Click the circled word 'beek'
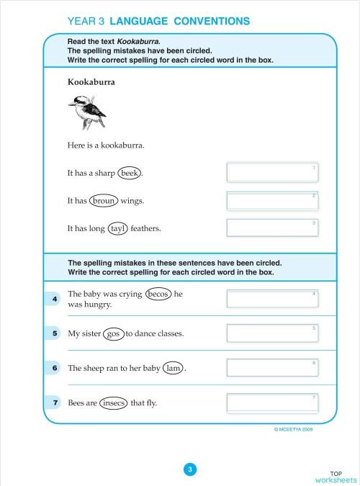(x=130, y=174)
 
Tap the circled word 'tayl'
(x=117, y=229)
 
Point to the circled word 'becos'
(x=158, y=294)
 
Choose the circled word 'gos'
(x=112, y=334)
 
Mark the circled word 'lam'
(x=173, y=368)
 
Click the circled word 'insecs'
(x=112, y=402)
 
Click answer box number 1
(x=272, y=173)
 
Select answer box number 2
(x=272, y=200)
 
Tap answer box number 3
(x=272, y=228)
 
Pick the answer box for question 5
(x=272, y=333)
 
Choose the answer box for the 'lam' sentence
(x=272, y=367)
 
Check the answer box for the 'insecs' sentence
(x=272, y=402)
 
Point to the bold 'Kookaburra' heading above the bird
(x=91, y=82)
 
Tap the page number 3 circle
(x=190, y=469)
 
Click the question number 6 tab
(x=55, y=368)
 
